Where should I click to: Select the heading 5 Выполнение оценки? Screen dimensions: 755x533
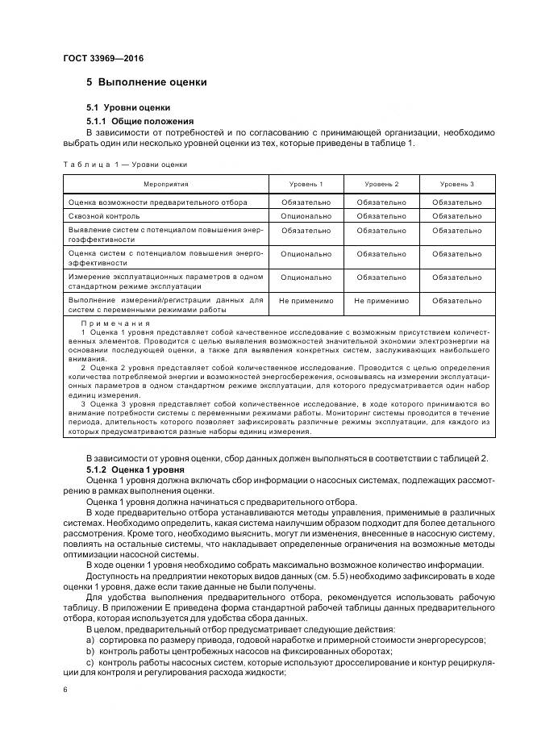[146, 82]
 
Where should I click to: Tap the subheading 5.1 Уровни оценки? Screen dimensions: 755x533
[127, 107]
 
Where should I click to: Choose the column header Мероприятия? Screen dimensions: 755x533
[165, 185]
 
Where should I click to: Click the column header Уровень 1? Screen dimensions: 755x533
[305, 185]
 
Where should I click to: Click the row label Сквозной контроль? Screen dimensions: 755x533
[104, 216]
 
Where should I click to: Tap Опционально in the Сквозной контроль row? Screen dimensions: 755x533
[305, 216]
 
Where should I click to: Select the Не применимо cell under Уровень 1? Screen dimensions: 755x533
[305, 301]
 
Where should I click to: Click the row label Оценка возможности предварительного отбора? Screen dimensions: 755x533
[158, 202]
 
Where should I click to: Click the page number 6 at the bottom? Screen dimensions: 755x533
[65, 690]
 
